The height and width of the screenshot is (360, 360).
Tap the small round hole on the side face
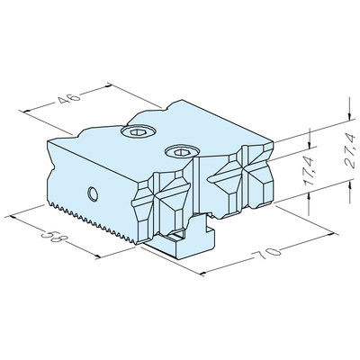(94, 192)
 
